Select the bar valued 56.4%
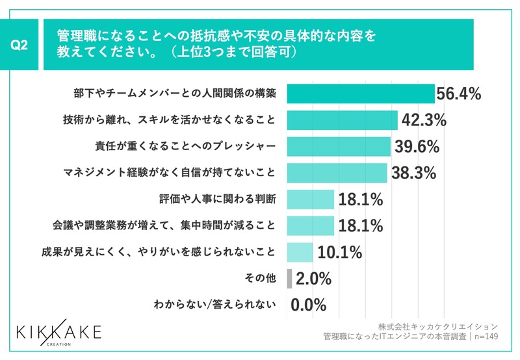pyautogui.click(x=360, y=94)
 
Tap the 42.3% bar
pyautogui.click(x=342, y=120)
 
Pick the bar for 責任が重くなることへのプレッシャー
pyautogui.click(x=338, y=146)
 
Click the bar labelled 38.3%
pyautogui.click(x=337, y=172)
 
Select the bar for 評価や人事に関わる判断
pyautogui.click(x=310, y=199)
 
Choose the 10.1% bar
pyautogui.click(x=300, y=251)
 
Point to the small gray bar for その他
pyautogui.click(x=289, y=278)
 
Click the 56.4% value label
pyautogui.click(x=458, y=94)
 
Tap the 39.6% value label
pyautogui.click(x=415, y=147)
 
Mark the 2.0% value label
pyautogui.click(x=313, y=279)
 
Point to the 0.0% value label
pyautogui.click(x=308, y=305)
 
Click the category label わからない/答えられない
pyautogui.click(x=214, y=304)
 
